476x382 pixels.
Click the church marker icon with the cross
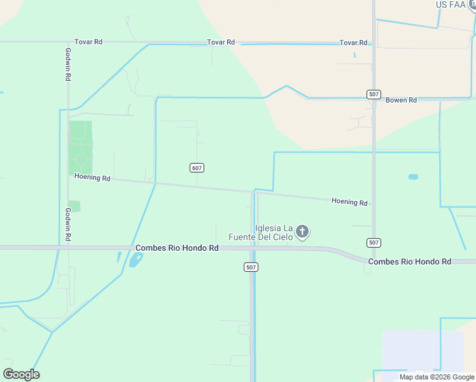point(302,232)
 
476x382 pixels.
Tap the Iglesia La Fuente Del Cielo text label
point(274,232)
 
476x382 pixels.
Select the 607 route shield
point(197,167)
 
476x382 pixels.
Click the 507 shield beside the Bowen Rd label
point(374,94)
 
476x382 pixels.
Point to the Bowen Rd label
point(401,100)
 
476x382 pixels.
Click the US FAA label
point(451,4)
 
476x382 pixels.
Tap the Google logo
point(21,374)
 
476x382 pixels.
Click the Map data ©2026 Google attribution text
point(437,377)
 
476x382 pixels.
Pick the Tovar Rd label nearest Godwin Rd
point(88,42)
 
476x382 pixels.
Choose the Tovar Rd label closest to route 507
point(353,43)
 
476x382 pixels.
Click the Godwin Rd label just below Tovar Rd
point(67,64)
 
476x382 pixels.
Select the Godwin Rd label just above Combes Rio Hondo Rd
point(67,223)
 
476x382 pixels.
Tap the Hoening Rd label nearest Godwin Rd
point(92,178)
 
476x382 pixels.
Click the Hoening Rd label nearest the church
point(349,202)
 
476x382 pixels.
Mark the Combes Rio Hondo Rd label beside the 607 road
point(177,248)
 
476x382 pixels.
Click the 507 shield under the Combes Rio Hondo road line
point(251,267)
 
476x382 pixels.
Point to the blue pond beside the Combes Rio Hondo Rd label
point(136,260)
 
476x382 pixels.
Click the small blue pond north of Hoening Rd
point(413,176)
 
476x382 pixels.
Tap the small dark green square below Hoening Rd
point(74,206)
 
